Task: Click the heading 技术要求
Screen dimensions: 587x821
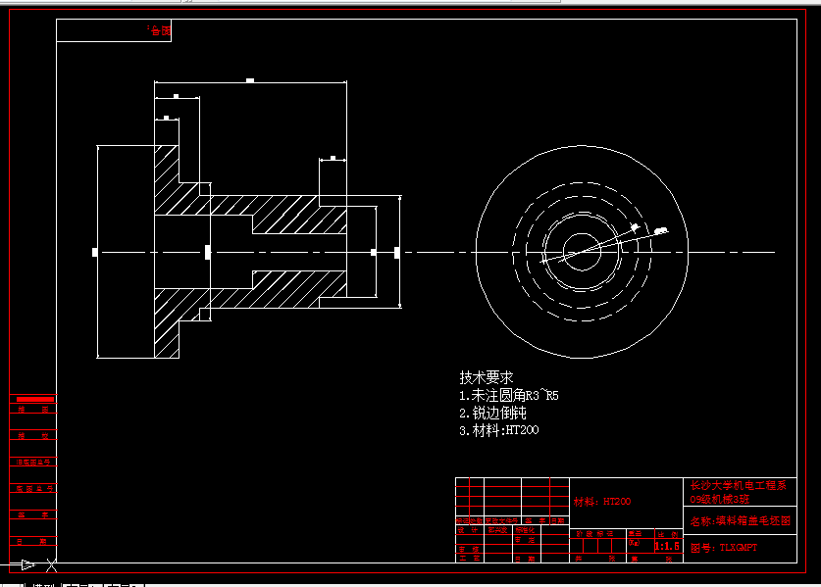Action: pos(487,377)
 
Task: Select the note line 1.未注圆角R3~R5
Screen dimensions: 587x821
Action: pos(508,396)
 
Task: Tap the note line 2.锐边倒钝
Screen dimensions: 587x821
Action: pos(492,413)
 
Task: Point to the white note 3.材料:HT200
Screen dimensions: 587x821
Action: pos(498,430)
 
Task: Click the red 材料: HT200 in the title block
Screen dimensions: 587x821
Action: pos(602,502)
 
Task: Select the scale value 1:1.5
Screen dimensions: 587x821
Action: pos(667,546)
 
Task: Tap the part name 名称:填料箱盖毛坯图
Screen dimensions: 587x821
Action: pos(740,521)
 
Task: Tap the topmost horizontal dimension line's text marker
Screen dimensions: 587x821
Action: pos(250,80)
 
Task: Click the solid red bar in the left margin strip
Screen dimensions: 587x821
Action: pos(33,400)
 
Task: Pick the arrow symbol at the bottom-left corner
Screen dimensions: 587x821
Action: pos(28,564)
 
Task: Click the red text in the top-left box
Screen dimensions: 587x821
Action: pos(158,30)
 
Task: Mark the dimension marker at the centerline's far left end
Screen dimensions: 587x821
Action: pos(95,253)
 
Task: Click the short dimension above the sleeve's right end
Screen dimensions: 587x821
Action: pos(334,158)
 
